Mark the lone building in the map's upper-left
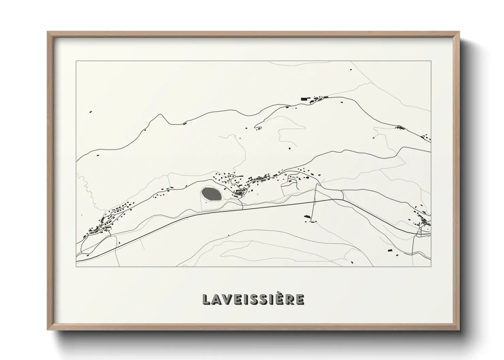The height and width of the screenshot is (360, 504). (x=91, y=111)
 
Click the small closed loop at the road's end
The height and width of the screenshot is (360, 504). (x=258, y=128)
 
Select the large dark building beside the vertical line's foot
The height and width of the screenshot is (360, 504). (x=307, y=216)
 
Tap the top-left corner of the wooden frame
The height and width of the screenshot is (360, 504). (x=48, y=32)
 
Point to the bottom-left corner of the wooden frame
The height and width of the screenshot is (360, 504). (x=48, y=330)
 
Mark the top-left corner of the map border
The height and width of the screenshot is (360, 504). (x=76, y=61)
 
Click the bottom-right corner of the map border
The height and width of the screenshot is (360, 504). (x=431, y=266)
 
